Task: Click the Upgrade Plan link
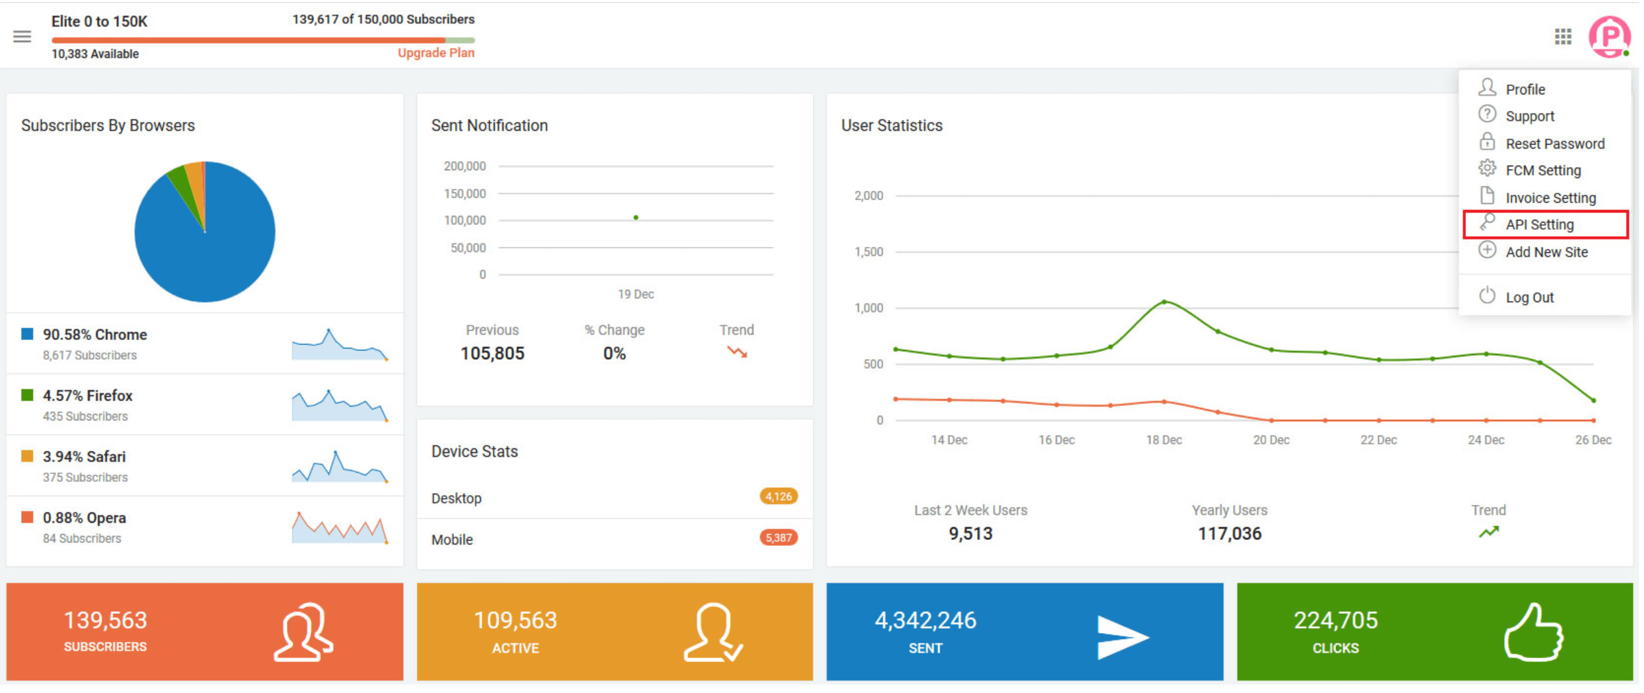click(436, 53)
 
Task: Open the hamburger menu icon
click(22, 36)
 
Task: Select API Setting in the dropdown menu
click(1540, 225)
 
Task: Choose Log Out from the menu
click(1529, 298)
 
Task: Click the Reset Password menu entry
click(1554, 144)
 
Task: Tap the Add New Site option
click(1546, 252)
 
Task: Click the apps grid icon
click(1563, 36)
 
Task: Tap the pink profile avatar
click(1609, 36)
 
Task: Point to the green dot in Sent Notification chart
click(636, 217)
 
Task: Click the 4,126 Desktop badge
click(778, 496)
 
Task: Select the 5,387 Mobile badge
click(778, 538)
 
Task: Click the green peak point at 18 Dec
click(1164, 302)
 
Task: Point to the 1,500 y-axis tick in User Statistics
click(868, 252)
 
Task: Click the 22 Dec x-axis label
click(1378, 440)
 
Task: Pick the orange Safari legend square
click(27, 456)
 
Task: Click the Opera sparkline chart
click(340, 527)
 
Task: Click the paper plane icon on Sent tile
click(1122, 637)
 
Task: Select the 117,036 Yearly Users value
click(1229, 533)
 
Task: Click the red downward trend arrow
click(737, 352)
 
